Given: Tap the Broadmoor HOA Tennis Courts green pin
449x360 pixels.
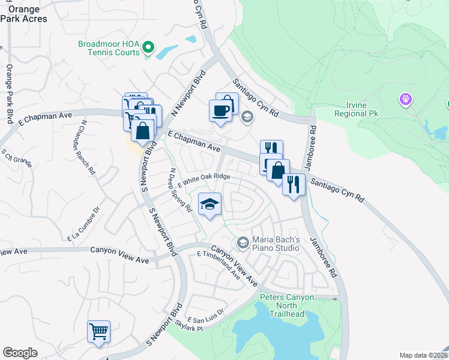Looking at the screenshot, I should [x=149, y=46].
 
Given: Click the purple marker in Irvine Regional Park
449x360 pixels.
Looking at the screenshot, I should [x=406, y=99].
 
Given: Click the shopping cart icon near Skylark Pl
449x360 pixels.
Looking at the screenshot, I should [x=98, y=331].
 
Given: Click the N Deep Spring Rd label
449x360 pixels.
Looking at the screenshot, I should [x=179, y=191].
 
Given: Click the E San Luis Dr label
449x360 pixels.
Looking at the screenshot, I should [x=205, y=316].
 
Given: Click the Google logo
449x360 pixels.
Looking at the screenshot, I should [x=20, y=353].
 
